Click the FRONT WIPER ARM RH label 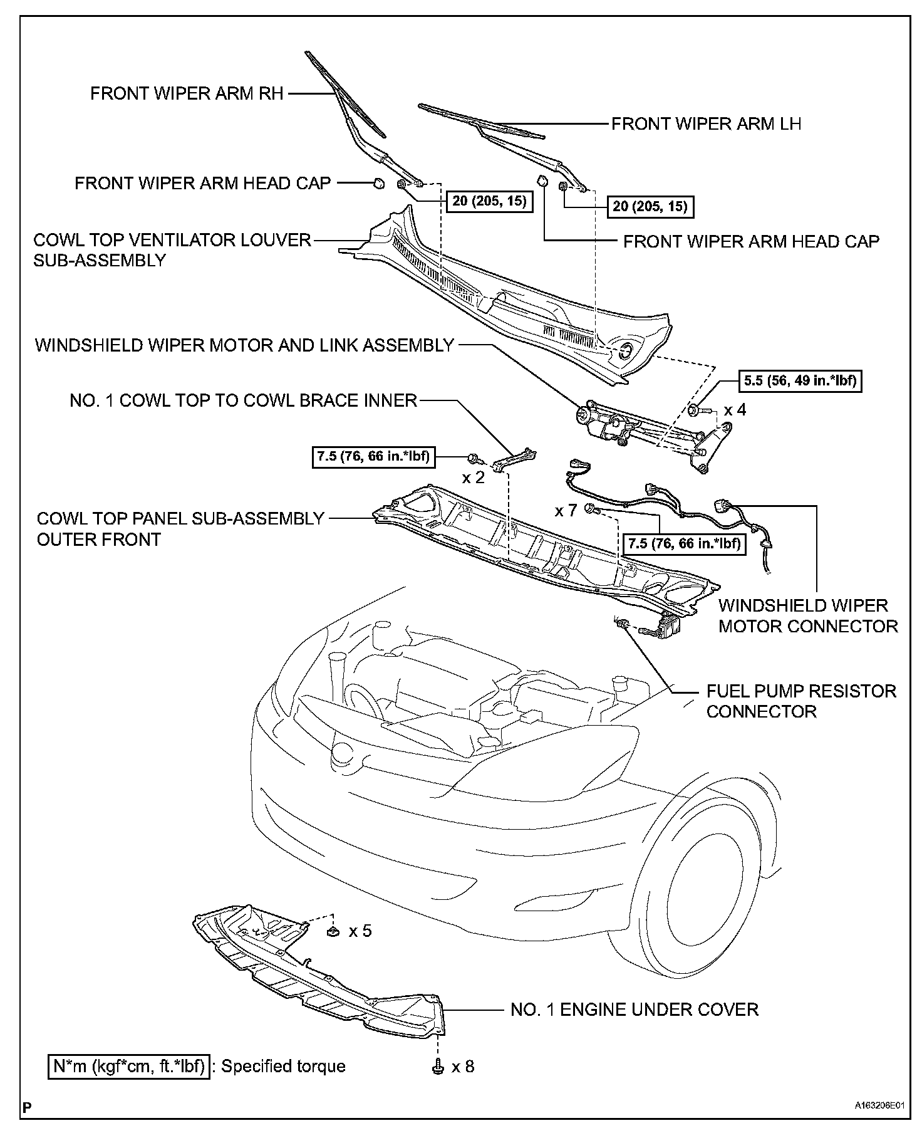click(x=187, y=94)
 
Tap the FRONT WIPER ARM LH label click(x=706, y=123)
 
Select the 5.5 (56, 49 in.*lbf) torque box click(x=800, y=380)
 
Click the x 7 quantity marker click(x=566, y=511)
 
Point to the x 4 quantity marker click(x=735, y=410)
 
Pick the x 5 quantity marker click(x=360, y=931)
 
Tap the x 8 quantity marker click(x=463, y=1066)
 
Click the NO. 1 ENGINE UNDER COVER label click(x=635, y=1010)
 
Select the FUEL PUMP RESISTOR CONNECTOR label click(x=801, y=701)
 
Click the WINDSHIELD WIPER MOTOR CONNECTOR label click(x=808, y=616)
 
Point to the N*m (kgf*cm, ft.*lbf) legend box click(x=128, y=1066)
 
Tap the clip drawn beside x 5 click(x=333, y=932)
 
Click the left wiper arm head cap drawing click(x=378, y=184)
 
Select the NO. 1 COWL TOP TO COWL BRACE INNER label click(x=243, y=400)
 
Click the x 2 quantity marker click(x=474, y=478)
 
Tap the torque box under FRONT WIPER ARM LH click(x=650, y=206)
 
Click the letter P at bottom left click(x=26, y=1107)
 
